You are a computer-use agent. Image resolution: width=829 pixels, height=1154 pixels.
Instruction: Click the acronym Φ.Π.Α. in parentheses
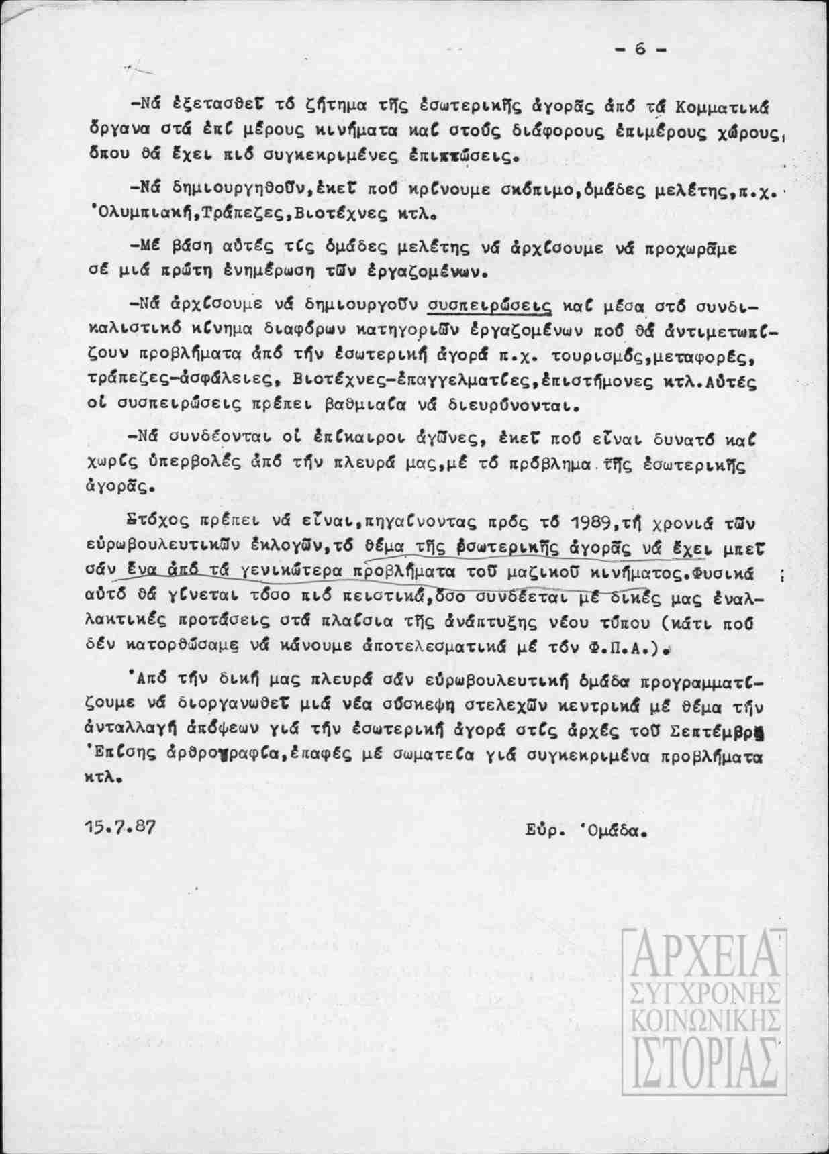point(627,649)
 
